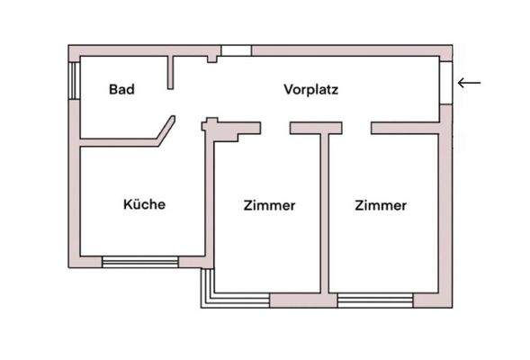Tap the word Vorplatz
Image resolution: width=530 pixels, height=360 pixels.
[310, 89]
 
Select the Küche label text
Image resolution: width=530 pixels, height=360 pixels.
[144, 204]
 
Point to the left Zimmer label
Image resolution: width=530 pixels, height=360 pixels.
[269, 205]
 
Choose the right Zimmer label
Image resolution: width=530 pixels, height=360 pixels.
[381, 205]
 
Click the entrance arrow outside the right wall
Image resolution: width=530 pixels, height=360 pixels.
[469, 83]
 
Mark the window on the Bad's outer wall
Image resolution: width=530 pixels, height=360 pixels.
[74, 82]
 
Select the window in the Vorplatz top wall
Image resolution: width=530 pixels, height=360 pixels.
[236, 50]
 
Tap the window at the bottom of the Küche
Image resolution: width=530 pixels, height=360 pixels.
[139, 262]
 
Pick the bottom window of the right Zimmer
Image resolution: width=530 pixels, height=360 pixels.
[374, 300]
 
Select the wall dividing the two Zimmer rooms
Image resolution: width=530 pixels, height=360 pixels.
[325, 216]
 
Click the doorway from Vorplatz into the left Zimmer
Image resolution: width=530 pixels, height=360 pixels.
[275, 129]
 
